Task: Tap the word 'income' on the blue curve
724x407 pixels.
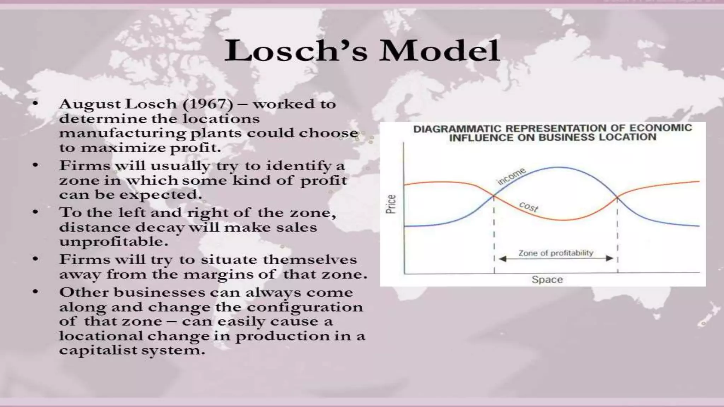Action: (x=512, y=177)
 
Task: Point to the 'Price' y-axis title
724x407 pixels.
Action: (x=391, y=204)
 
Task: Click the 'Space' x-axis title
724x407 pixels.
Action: (x=547, y=279)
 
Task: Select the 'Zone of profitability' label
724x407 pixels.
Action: (x=555, y=253)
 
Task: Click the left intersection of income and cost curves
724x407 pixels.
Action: (x=494, y=196)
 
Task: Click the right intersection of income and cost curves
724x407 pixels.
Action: (x=617, y=197)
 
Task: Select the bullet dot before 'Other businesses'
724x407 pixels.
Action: (x=35, y=292)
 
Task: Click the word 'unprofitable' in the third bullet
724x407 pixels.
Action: (x=113, y=242)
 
